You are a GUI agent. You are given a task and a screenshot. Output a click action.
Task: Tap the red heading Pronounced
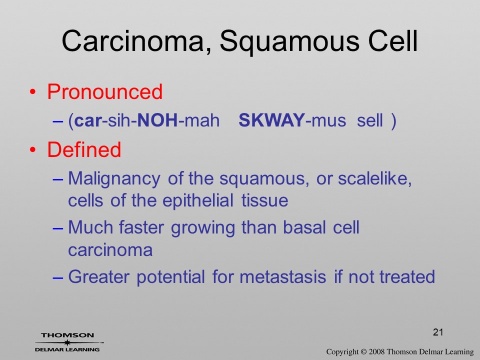104,91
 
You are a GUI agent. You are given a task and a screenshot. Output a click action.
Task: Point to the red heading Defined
84,149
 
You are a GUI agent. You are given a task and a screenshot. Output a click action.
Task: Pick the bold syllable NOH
157,120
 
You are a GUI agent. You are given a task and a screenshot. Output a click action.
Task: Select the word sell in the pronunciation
370,120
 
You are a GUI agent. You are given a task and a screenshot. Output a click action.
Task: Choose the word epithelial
198,201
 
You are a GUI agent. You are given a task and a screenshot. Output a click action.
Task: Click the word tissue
265,201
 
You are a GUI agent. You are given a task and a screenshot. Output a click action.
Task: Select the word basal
304,228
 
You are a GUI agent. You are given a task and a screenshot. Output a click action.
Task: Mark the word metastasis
282,277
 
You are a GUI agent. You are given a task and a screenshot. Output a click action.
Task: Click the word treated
407,276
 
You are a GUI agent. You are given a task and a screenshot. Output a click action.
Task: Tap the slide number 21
438,332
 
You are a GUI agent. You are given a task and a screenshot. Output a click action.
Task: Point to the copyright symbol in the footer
363,351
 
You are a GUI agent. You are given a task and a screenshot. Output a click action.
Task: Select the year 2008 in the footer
376,351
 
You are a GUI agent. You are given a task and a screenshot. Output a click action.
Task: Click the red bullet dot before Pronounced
33,92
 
